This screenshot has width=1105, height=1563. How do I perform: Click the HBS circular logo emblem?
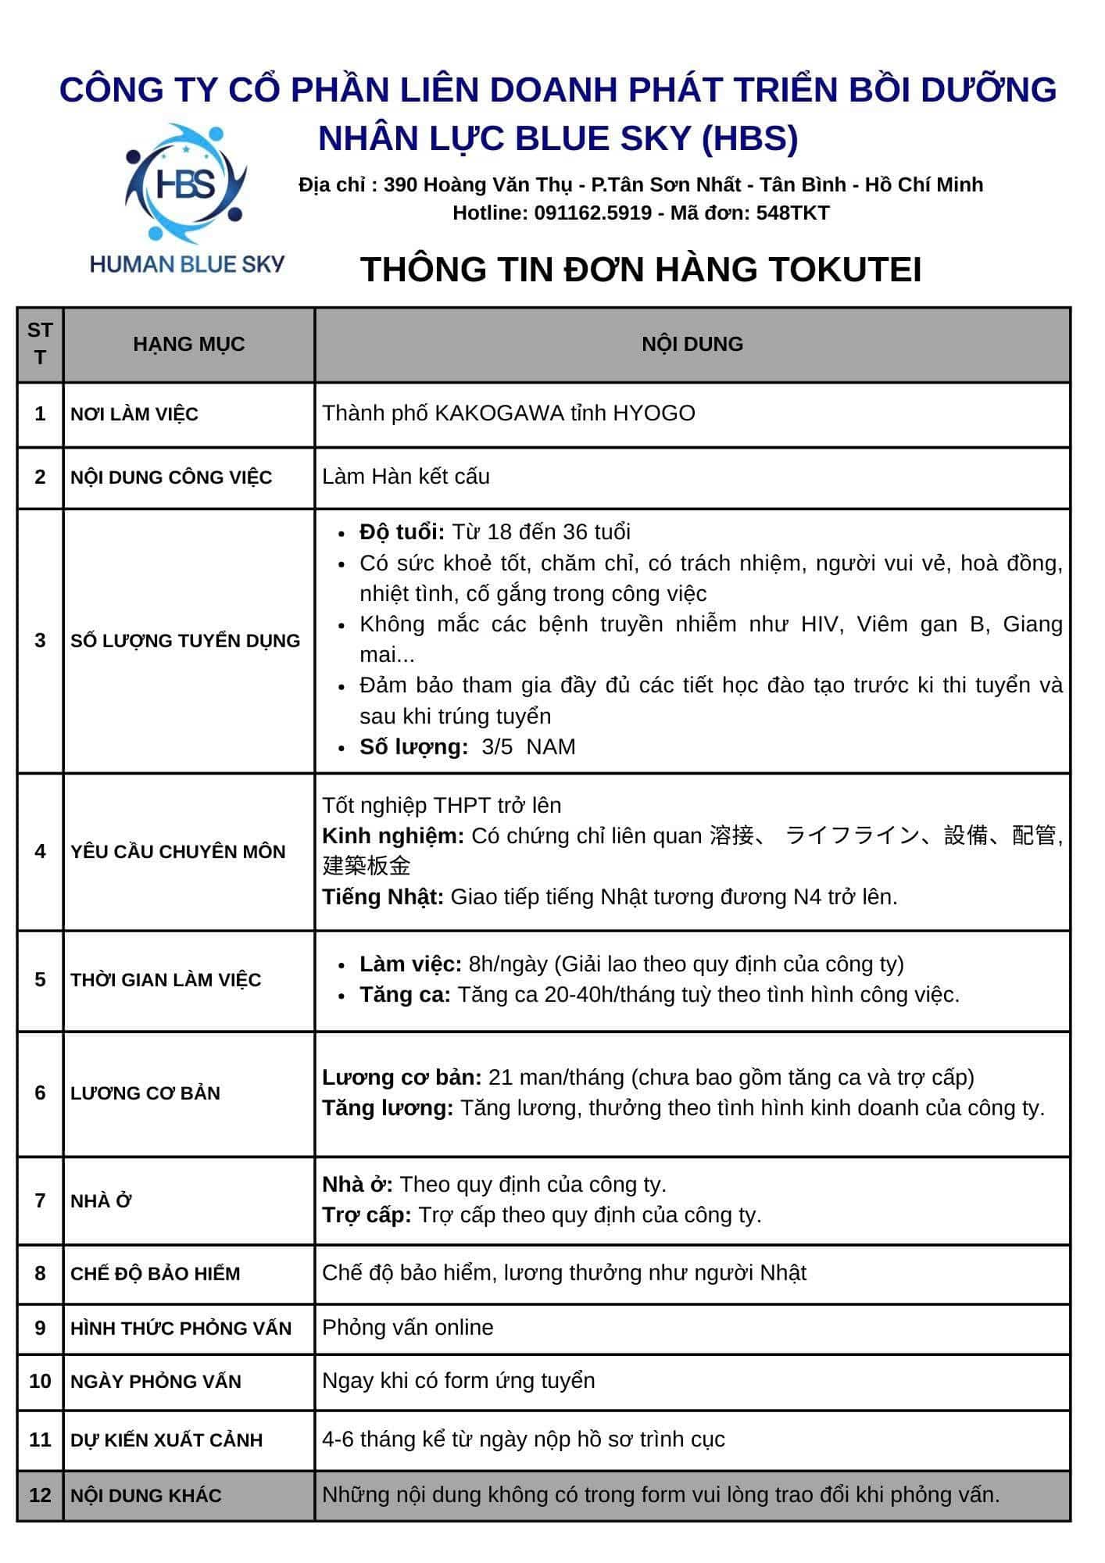click(186, 184)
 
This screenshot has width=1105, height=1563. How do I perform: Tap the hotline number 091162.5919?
click(592, 213)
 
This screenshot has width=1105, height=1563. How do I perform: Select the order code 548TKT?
click(792, 213)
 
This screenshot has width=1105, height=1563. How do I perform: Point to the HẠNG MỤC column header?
click(188, 344)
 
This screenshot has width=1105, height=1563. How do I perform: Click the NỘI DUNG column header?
click(692, 344)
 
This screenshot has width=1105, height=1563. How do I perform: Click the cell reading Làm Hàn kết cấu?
click(406, 477)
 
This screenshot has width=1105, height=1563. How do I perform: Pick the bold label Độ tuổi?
click(402, 532)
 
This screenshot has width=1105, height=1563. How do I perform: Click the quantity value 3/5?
click(497, 747)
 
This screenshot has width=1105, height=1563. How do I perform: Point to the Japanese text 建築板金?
click(367, 866)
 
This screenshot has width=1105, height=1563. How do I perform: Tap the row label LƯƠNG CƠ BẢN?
click(145, 1093)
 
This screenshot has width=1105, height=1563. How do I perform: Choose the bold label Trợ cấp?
click(367, 1215)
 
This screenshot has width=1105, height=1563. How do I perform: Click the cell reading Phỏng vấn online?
click(407, 1328)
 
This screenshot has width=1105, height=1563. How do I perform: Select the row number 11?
click(40, 1440)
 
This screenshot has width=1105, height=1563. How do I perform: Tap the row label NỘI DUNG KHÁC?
click(146, 1495)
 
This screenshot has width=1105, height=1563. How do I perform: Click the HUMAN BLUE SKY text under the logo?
click(187, 264)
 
